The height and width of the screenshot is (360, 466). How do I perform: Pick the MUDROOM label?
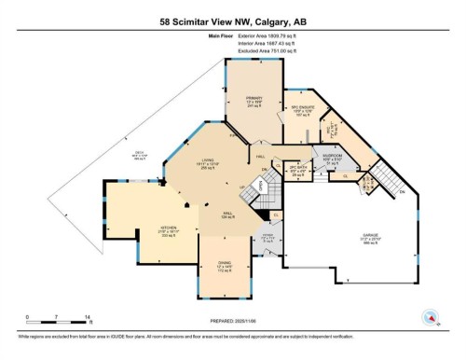[x=333, y=158]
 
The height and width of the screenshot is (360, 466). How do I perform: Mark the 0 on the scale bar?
[x=28, y=318]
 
